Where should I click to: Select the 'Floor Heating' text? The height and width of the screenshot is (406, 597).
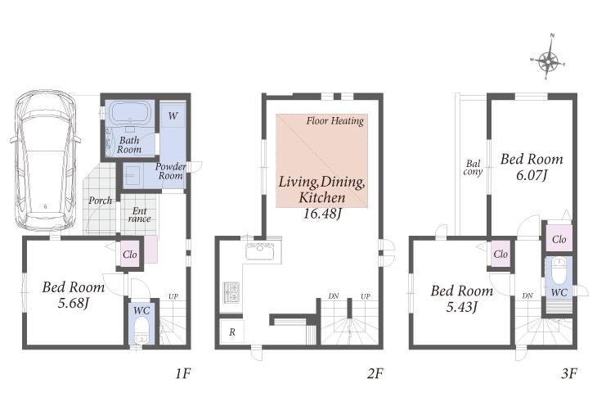(x=335, y=121)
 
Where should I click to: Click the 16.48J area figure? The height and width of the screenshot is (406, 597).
(x=321, y=214)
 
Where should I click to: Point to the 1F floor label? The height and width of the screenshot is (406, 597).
(x=182, y=373)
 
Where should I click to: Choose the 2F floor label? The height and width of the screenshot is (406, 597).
(x=375, y=373)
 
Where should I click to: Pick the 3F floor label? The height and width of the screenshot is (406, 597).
(x=569, y=373)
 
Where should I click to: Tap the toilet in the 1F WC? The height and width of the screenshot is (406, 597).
(x=141, y=331)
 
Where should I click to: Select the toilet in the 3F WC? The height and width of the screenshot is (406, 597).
(x=559, y=271)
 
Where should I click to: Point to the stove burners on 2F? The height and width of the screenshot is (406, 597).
(x=231, y=292)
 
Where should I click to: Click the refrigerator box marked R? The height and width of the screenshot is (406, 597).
(x=232, y=332)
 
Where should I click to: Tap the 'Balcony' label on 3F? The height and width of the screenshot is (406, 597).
(x=473, y=168)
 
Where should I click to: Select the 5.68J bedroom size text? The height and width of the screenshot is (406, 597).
(x=74, y=304)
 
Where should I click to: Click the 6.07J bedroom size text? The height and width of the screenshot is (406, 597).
(x=532, y=175)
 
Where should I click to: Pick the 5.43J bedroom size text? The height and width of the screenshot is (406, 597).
(x=462, y=307)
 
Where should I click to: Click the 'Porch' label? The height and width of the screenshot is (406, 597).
(x=100, y=201)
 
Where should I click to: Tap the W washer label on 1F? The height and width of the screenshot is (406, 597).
(x=173, y=115)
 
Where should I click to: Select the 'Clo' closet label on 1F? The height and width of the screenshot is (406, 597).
(x=130, y=255)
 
